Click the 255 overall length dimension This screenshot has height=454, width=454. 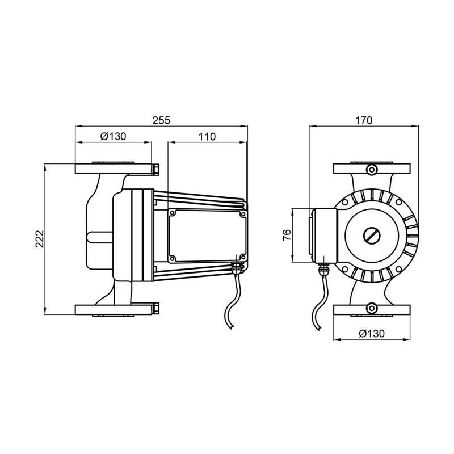[162, 120]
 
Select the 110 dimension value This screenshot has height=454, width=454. [207, 136]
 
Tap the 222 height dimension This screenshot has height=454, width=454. [37, 238]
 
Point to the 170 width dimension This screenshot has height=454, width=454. [364, 120]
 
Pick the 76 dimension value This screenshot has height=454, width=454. [287, 235]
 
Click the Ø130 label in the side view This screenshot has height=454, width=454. [113, 136]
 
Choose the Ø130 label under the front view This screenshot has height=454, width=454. [372, 334]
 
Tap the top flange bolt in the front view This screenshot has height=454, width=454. [372, 169]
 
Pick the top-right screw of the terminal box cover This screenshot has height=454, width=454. [242, 215]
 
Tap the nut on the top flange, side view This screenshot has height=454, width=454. [155, 169]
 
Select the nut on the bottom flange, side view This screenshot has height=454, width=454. [155, 310]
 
